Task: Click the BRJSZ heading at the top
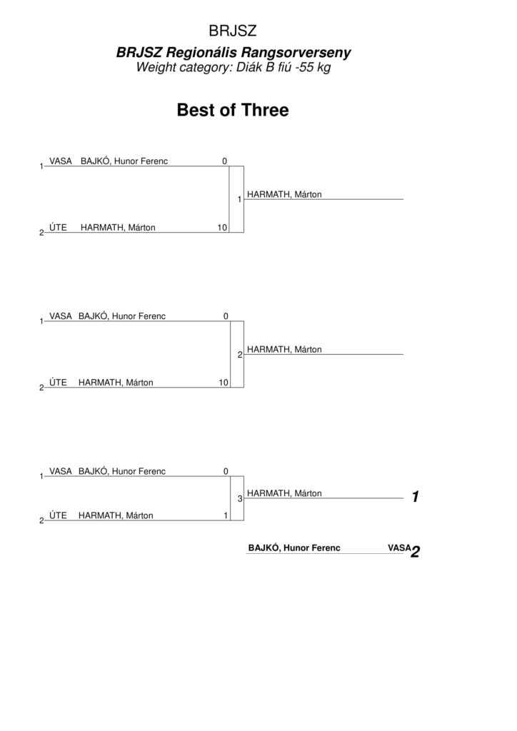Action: click(233, 31)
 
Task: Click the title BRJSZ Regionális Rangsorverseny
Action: click(233, 52)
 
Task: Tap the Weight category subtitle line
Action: click(233, 67)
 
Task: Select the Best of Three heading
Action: click(233, 110)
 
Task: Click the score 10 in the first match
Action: click(222, 228)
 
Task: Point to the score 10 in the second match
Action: click(224, 383)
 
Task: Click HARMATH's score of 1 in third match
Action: click(226, 515)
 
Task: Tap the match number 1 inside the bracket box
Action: click(240, 200)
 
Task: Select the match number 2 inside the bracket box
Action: click(240, 355)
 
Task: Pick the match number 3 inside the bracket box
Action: click(240, 499)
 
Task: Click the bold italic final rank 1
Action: click(416, 497)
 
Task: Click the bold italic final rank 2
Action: click(416, 552)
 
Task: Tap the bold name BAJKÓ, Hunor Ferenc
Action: click(294, 548)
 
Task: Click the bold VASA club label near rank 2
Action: click(399, 548)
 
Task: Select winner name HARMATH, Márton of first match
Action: click(284, 194)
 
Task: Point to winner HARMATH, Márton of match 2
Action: click(284, 350)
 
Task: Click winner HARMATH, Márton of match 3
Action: click(284, 493)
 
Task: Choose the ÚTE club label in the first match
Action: click(59, 228)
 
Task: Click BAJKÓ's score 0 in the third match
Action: click(226, 471)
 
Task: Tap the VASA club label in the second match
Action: click(61, 316)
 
